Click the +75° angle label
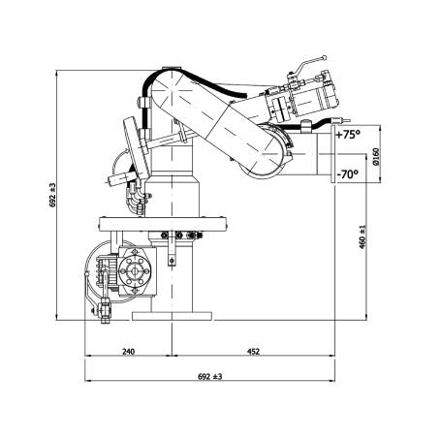348,135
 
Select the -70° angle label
348,174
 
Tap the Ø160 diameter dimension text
375,157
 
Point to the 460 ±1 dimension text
362,236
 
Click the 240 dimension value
128,351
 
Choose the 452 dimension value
253,351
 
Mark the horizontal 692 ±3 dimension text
210,376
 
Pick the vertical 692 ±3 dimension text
52,195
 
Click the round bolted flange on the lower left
135,271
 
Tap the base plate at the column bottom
172,316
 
